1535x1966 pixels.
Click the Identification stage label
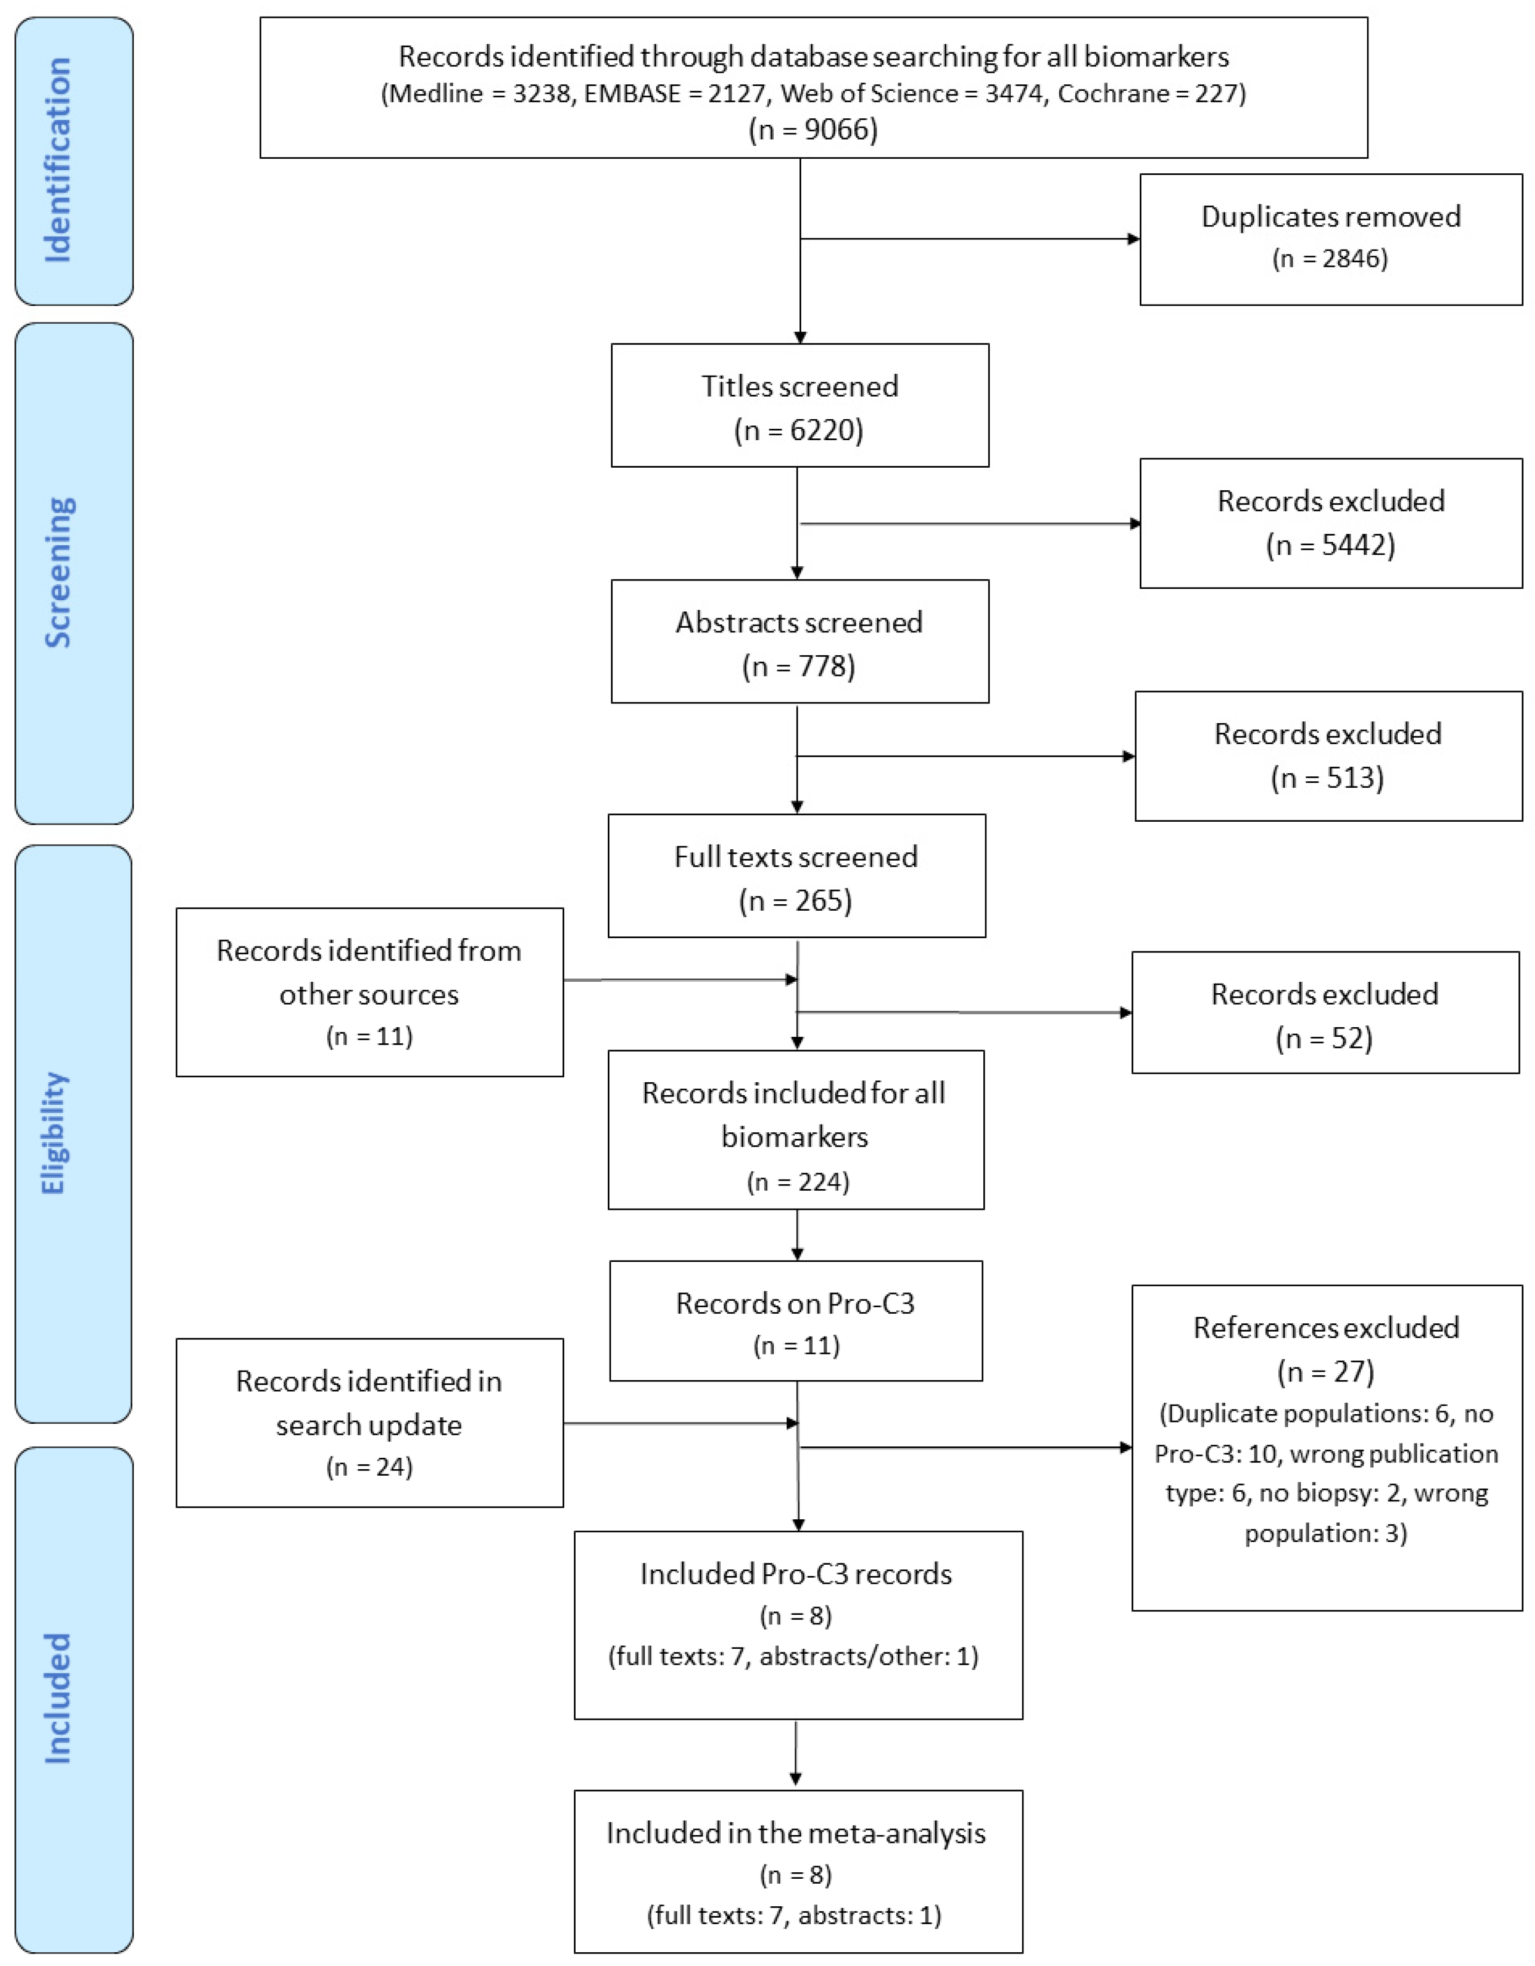(x=57, y=160)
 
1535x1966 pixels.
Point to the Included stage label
(x=57, y=1698)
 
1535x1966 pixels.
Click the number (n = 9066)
(x=813, y=130)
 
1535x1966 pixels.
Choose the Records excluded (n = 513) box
(x=1327, y=755)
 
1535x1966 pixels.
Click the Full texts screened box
(x=796, y=876)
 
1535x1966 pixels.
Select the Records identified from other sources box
(x=369, y=991)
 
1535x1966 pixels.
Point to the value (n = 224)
(x=797, y=1181)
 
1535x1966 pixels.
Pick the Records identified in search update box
(x=369, y=1423)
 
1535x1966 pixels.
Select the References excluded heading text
(x=1325, y=1328)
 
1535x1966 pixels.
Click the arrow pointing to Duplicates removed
(x=968, y=238)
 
